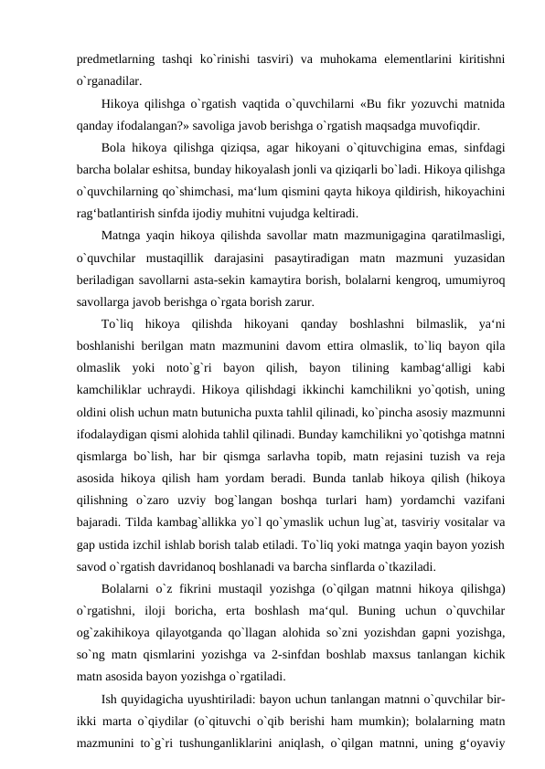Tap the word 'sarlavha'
tap(280, 455)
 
